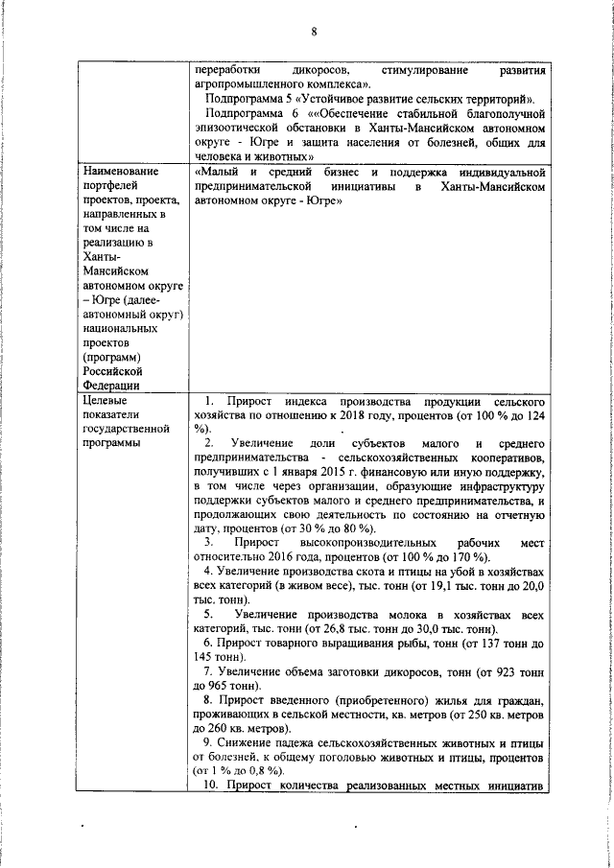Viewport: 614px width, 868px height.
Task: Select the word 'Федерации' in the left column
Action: tap(112, 385)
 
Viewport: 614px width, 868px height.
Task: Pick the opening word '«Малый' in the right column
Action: tap(214, 171)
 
